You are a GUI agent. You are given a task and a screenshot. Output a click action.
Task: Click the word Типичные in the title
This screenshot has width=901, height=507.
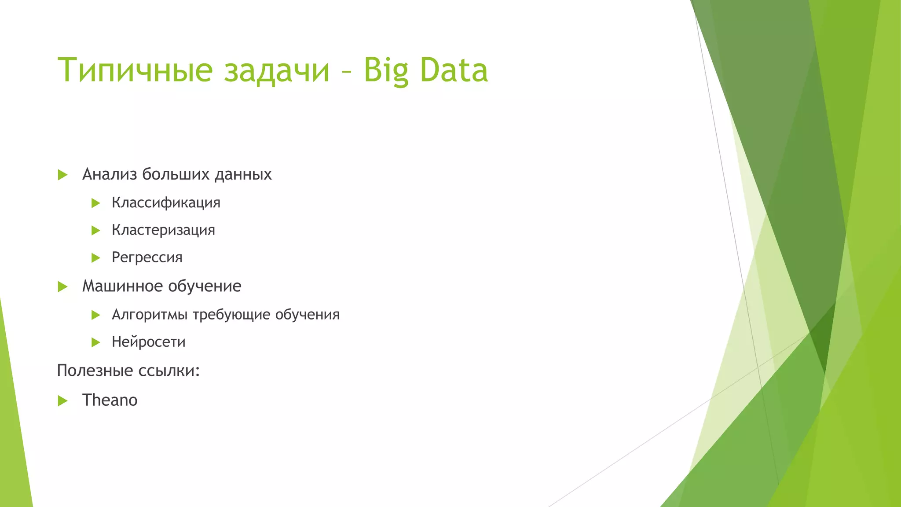(x=135, y=70)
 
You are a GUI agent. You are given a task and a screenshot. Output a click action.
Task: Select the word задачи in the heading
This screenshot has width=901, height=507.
(x=277, y=70)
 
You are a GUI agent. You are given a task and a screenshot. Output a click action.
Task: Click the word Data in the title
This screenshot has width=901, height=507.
(x=454, y=70)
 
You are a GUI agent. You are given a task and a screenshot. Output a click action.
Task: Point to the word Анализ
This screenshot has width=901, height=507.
(x=110, y=174)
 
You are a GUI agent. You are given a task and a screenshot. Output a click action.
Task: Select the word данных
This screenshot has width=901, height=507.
(x=243, y=174)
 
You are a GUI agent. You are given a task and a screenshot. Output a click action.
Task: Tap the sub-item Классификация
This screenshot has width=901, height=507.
(x=166, y=202)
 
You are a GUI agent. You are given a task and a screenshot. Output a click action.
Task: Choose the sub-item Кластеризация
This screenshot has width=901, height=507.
(x=163, y=230)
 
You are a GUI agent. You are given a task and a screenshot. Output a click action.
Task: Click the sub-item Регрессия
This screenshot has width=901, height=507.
(x=147, y=257)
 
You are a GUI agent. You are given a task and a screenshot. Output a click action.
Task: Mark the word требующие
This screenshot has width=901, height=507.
(x=231, y=315)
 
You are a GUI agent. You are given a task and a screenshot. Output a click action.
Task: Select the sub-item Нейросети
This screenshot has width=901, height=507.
(x=148, y=342)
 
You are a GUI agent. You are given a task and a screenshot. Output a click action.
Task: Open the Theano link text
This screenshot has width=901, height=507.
(x=110, y=400)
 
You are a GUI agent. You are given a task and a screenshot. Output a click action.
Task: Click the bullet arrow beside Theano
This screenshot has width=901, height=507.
(x=63, y=400)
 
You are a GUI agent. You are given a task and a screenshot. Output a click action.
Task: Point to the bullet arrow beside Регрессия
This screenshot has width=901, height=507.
(x=96, y=258)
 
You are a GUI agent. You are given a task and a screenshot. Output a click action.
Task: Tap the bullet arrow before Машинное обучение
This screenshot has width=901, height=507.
(x=63, y=287)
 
